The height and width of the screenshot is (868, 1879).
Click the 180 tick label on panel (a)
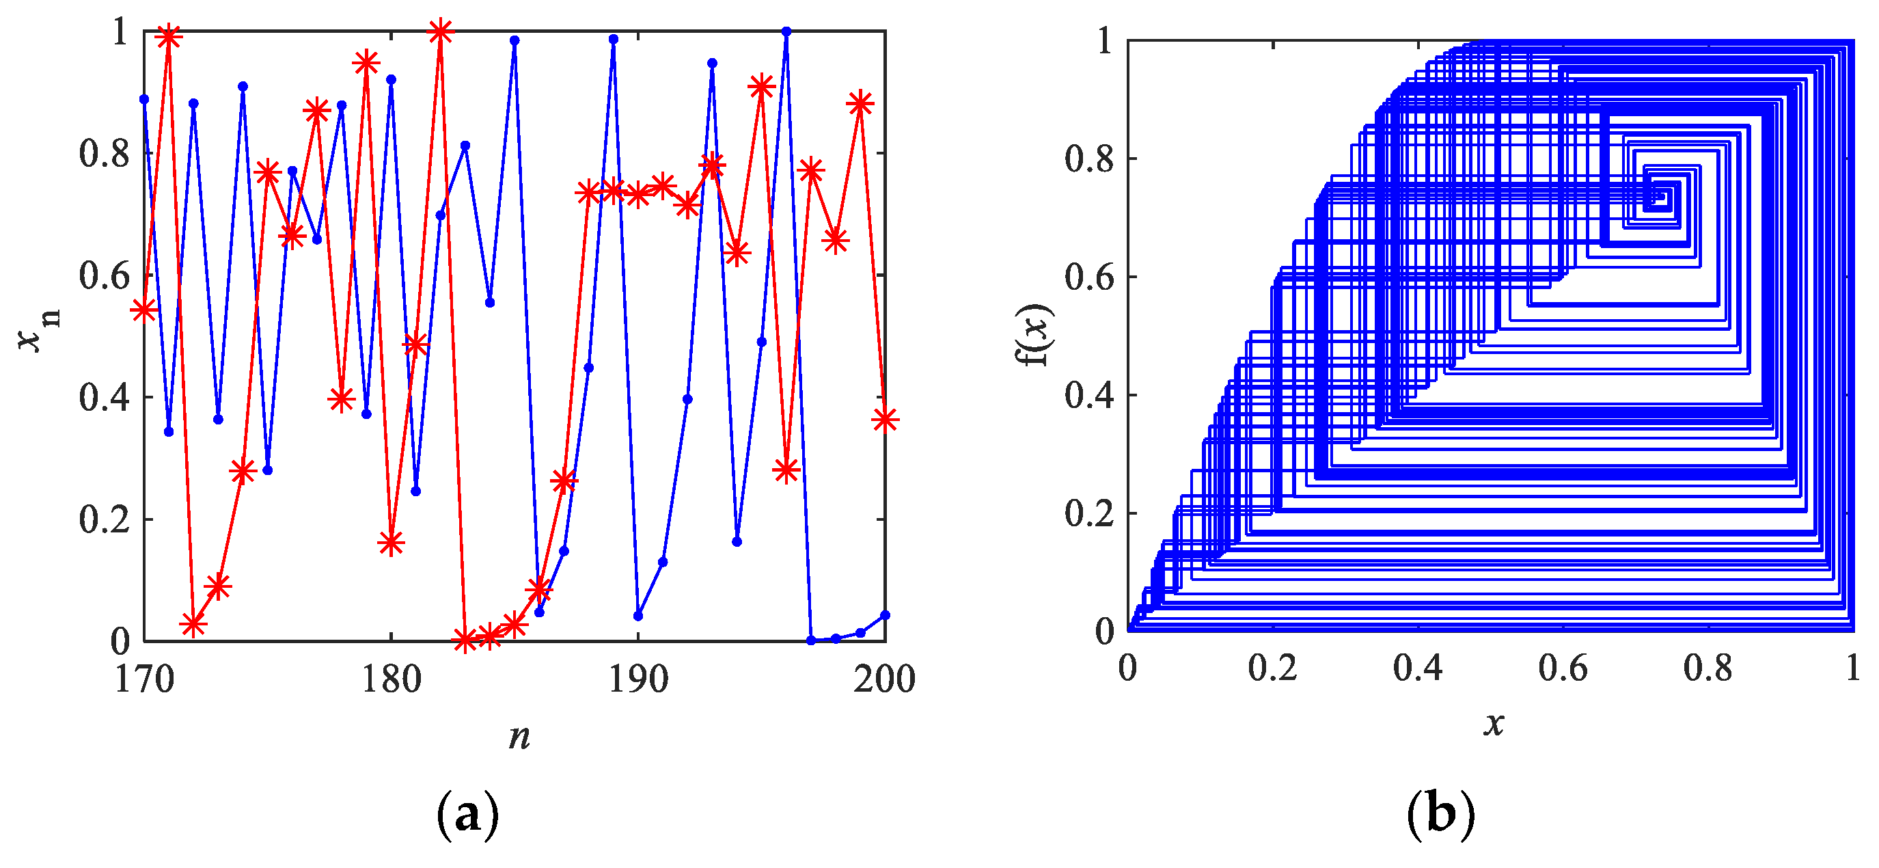(x=391, y=680)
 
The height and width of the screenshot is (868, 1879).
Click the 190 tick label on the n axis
(x=638, y=680)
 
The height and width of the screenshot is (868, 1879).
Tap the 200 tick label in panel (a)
(x=884, y=680)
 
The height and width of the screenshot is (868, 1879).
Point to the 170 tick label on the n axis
(x=144, y=680)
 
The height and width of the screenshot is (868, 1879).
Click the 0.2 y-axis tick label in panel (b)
(x=1089, y=513)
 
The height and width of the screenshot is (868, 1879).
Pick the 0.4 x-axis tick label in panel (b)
(x=1418, y=668)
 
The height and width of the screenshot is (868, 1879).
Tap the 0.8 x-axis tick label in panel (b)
(x=1708, y=668)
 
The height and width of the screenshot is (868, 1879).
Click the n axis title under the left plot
(x=519, y=736)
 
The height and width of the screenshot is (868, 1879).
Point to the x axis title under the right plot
(x=1493, y=724)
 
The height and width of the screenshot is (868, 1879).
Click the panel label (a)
(x=467, y=814)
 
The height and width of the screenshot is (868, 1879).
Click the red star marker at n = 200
(x=885, y=420)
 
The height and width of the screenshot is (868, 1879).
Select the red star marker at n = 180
(x=391, y=543)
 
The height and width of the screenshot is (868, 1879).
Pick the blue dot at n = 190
(x=638, y=616)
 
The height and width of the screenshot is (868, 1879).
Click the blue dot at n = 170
(x=144, y=99)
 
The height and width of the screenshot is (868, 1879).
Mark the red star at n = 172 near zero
(x=193, y=625)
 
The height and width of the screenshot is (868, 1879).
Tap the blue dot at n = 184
(x=490, y=303)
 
